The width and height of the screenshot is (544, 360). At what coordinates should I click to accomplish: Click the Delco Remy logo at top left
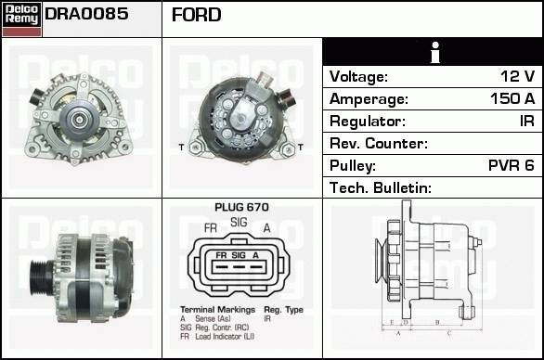(21, 19)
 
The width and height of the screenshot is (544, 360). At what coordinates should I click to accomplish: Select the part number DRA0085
(86, 14)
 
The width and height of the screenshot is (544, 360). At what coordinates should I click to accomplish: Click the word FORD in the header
(196, 15)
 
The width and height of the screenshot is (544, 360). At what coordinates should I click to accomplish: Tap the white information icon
(434, 52)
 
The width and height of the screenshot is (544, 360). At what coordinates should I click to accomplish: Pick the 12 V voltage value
(517, 76)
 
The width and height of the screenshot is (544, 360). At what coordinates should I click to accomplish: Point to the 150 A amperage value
(512, 98)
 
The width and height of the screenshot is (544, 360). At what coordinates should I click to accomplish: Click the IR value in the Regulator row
(527, 121)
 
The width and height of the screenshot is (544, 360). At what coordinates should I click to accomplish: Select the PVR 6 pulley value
(511, 165)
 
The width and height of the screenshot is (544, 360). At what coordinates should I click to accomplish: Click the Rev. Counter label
(379, 143)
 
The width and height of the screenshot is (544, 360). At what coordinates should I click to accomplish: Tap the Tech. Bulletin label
(381, 188)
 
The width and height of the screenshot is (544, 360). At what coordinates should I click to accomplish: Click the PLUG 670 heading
(241, 207)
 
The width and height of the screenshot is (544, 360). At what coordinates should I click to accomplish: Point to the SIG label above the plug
(239, 222)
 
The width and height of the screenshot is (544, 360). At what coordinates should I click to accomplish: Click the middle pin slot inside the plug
(239, 267)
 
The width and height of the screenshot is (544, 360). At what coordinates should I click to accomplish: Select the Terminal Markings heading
(217, 309)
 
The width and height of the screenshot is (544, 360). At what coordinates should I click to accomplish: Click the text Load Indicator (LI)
(225, 337)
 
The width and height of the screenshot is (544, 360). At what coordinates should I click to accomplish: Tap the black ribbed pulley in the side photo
(40, 276)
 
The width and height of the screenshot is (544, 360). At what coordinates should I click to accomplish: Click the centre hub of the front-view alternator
(80, 120)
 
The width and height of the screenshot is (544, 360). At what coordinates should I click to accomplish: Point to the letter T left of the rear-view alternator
(181, 148)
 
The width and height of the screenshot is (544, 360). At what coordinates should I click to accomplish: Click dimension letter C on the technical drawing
(448, 334)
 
